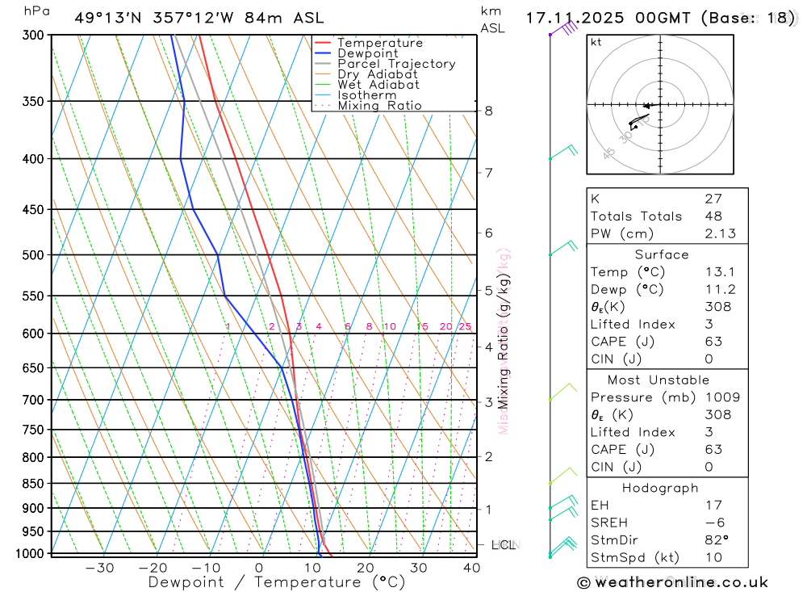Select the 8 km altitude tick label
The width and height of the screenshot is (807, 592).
[489, 111]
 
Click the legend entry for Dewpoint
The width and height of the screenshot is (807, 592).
[367, 53]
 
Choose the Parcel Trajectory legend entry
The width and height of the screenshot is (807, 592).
[396, 64]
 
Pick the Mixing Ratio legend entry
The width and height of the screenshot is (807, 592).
[379, 106]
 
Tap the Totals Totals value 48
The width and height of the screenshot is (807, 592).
[713, 216]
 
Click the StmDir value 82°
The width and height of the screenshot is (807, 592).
[715, 540]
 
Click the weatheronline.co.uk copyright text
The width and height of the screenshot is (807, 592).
[672, 582]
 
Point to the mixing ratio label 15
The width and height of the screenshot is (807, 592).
[422, 326]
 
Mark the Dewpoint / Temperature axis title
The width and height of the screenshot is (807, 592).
[277, 582]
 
